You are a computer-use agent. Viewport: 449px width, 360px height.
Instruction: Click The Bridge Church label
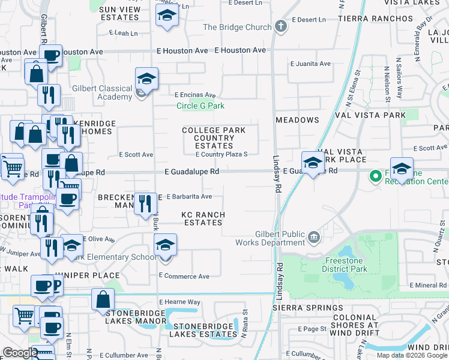[237, 27]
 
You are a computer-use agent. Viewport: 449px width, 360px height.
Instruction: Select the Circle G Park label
[200, 106]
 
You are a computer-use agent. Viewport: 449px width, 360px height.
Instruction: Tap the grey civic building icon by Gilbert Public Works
[314, 239]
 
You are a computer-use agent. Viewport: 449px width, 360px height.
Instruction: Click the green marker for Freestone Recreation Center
[376, 176]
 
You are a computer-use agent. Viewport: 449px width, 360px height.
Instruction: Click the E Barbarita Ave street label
[189, 196]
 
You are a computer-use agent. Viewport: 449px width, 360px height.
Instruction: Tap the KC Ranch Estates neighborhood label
[203, 218]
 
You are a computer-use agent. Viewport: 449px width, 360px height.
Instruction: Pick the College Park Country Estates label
[214, 138]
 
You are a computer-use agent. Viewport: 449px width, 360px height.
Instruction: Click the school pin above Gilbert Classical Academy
[146, 78]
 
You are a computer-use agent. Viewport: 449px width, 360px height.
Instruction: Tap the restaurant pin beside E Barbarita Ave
[143, 204]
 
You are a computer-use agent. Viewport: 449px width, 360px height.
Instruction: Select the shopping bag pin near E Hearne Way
[103, 299]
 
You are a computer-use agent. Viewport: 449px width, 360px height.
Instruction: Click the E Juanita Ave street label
[310, 64]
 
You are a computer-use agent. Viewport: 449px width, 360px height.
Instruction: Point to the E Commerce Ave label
[184, 276]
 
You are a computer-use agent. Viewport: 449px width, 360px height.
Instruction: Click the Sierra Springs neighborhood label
[300, 308]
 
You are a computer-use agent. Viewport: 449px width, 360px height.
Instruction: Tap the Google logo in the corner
[20, 353]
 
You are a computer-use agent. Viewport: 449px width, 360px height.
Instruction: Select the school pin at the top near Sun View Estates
[167, 16]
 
